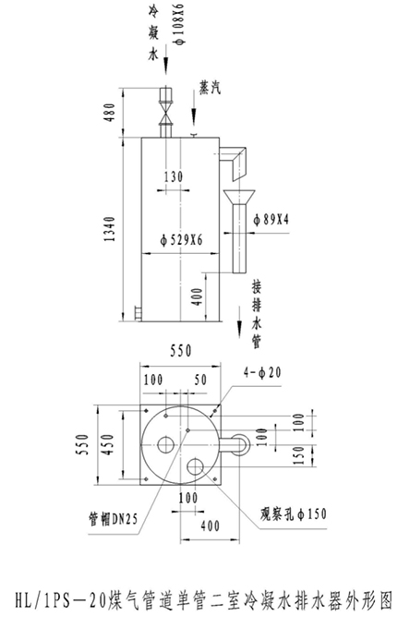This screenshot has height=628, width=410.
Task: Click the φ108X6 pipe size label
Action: coord(179,24)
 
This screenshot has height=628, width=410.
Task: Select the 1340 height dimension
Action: coord(109,229)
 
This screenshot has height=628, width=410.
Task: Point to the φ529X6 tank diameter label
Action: coord(181,240)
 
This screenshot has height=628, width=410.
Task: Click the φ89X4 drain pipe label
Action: coord(271,219)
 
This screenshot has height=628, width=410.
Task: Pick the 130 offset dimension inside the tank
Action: coord(174,176)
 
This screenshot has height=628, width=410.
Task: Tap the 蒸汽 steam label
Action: coord(210,88)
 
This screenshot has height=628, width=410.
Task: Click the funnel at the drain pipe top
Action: coord(238,196)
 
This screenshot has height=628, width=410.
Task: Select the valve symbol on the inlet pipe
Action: coord(166,113)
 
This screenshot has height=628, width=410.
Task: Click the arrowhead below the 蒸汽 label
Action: coord(194,118)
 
